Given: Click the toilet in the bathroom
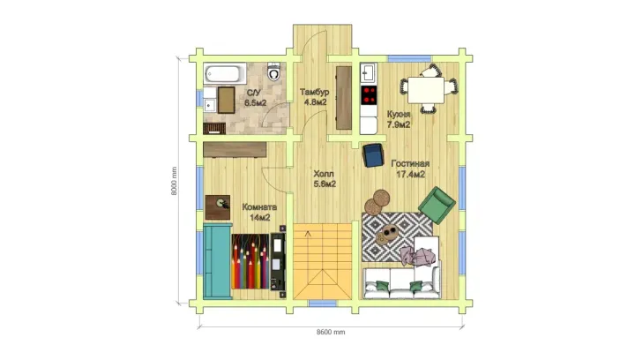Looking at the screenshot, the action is (274, 71).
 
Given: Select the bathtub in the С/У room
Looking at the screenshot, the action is (225, 73).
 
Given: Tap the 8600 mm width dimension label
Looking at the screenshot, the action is (331, 332).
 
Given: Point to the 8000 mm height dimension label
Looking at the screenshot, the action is (174, 181).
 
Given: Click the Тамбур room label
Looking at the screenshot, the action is (314, 92).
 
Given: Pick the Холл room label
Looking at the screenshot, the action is (324, 174).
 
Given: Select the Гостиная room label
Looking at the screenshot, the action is (410, 163).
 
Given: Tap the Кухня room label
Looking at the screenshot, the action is (399, 114).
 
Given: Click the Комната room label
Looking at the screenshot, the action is (259, 207).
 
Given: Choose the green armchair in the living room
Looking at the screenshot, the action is (437, 205).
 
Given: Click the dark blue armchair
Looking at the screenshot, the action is (373, 155).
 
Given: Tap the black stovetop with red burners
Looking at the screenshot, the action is (369, 95).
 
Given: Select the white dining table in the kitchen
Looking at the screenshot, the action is (426, 90).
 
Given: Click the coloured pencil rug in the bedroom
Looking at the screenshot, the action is (250, 261).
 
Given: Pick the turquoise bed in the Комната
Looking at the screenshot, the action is (218, 261).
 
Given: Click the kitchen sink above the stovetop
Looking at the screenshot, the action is (369, 74).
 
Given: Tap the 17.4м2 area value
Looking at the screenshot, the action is (410, 175).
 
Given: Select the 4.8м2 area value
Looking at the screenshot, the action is (315, 102).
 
